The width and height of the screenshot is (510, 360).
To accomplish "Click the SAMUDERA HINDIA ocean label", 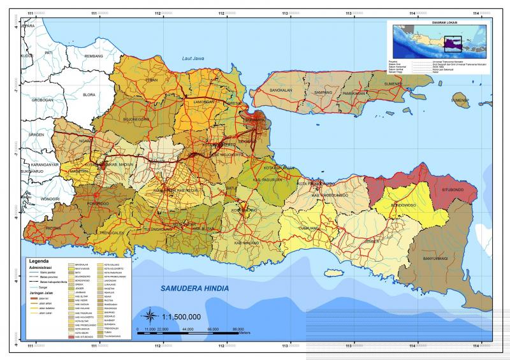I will tap(201, 289).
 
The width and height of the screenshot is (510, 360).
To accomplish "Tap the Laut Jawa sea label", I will tap(195, 59).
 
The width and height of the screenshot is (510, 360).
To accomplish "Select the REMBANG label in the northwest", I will tap(93, 56).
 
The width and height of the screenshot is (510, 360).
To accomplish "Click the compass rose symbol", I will tap(149, 315).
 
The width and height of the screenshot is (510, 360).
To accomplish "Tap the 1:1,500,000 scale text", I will tap(182, 316).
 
